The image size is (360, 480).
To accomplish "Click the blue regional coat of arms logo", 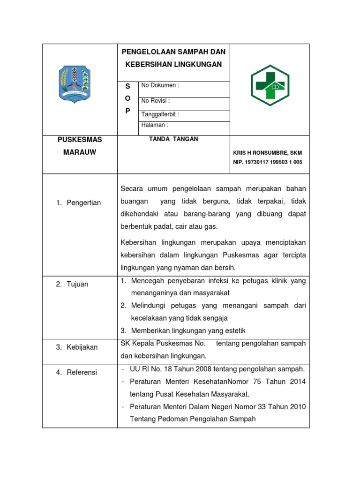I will click(74, 83).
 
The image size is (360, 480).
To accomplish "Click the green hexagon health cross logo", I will click(270, 85).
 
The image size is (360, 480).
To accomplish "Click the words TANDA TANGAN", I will click(173, 139).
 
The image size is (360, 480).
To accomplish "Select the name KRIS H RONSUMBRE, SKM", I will click(268, 153).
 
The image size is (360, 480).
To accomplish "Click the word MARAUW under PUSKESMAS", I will click(80, 152).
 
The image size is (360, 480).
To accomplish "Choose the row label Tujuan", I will click(77, 284).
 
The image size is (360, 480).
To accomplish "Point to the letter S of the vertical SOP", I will click(127, 87).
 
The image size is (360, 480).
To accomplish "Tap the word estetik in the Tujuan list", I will click(234, 330).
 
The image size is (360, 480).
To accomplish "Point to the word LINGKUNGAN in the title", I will click(197, 64).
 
